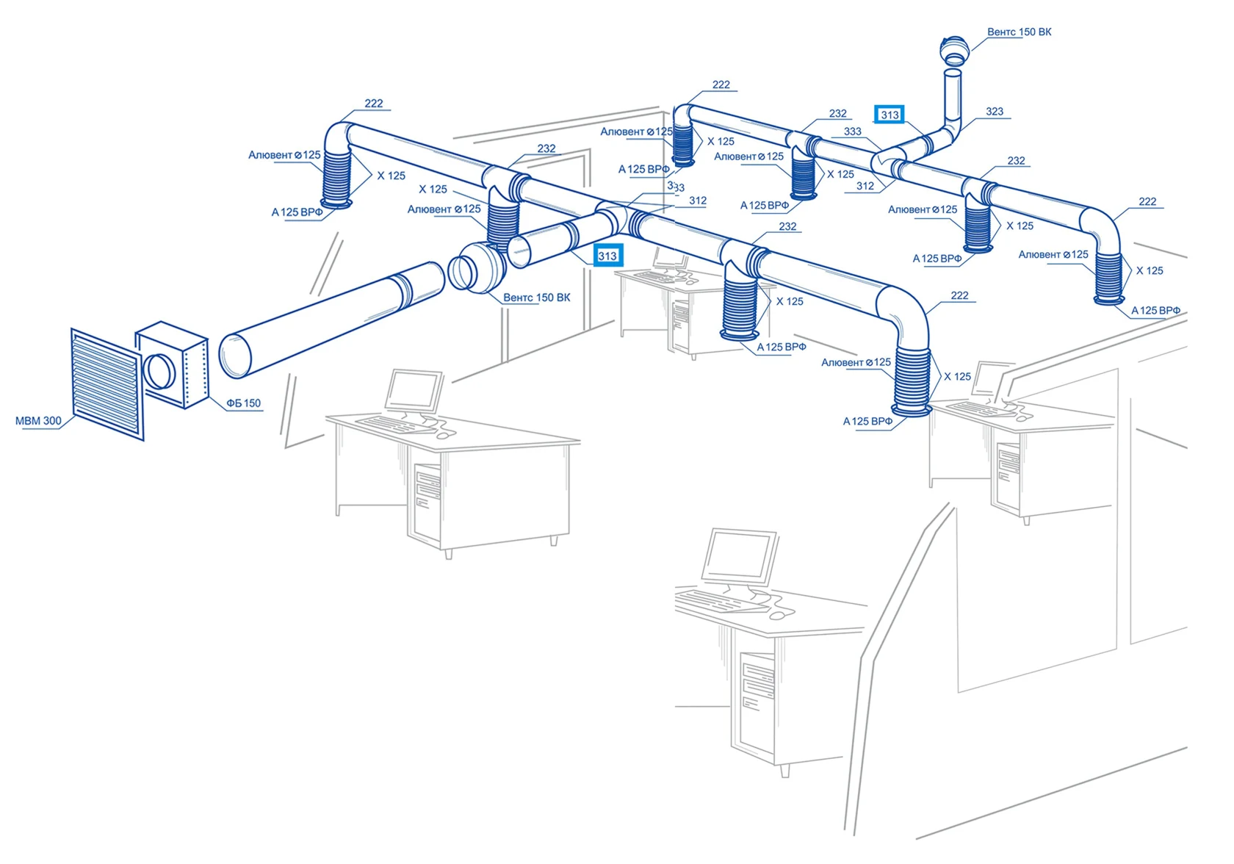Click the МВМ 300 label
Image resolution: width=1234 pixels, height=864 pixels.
[x=38, y=421]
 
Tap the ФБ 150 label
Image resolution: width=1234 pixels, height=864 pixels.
[x=244, y=403]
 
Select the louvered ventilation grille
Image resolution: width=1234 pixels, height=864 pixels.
[x=107, y=384]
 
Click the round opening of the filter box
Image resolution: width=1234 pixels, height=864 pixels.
[x=159, y=372]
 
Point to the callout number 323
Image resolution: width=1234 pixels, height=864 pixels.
[x=995, y=112]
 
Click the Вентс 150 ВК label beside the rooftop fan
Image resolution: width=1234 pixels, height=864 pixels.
[x=1020, y=32]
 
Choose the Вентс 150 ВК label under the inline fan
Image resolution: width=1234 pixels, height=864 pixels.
[x=536, y=298]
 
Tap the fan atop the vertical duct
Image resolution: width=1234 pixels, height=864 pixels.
[x=953, y=51]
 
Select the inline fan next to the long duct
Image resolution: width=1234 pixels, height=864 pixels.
[x=477, y=267]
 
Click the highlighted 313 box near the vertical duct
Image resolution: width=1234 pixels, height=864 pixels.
[x=890, y=115]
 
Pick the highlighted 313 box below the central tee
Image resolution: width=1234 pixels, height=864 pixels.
[x=607, y=256]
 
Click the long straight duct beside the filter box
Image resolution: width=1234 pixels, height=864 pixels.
[x=332, y=320]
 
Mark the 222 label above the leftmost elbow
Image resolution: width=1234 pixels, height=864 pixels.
[x=373, y=104]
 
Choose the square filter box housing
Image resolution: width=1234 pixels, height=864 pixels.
[x=172, y=364]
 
